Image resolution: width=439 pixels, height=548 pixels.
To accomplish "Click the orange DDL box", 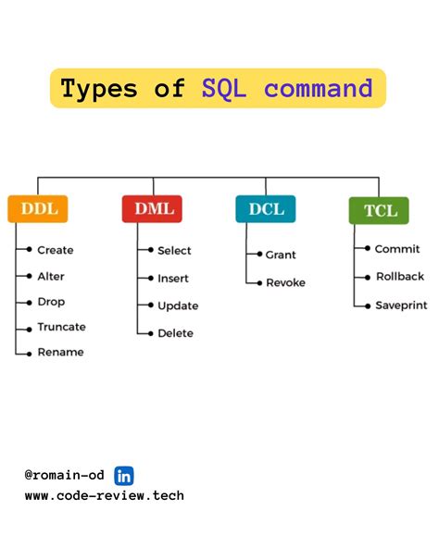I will (38, 209).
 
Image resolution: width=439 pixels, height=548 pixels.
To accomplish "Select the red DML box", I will (152, 209).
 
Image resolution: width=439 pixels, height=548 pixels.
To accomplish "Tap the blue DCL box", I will (265, 209).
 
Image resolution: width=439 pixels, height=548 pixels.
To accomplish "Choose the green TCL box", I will (378, 210).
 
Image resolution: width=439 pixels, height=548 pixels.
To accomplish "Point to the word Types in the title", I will (99, 89).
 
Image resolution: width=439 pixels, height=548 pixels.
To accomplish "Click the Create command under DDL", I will (55, 250).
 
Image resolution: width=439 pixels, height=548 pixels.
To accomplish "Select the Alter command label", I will (50, 276).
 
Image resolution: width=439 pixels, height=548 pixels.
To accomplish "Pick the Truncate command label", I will (61, 327).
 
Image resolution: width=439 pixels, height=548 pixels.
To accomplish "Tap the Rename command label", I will (60, 352).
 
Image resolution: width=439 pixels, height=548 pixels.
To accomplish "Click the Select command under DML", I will (174, 251).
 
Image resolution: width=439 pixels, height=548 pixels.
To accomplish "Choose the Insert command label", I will (172, 278).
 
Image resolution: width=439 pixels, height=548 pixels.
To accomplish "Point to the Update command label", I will (177, 305).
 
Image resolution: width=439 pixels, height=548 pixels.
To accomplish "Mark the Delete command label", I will (175, 333).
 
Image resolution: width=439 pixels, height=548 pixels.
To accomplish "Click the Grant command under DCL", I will (281, 255).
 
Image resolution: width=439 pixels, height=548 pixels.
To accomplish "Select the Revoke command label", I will (284, 282).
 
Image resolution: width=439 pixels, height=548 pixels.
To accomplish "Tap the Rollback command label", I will (399, 276).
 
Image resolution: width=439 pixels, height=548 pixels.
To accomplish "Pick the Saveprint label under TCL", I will (400, 305).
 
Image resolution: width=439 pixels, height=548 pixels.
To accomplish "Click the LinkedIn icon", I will (124, 476).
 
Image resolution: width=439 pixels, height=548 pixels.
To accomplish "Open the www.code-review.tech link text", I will (105, 495).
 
